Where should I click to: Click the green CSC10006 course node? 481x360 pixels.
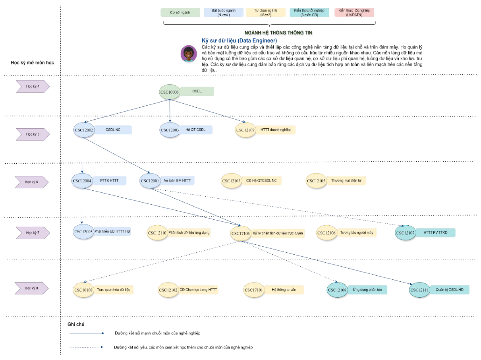pyautogui.click(x=169, y=92)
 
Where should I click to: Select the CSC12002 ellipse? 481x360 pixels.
pyautogui.click(x=84, y=130)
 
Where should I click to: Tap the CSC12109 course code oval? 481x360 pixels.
pyautogui.click(x=245, y=130)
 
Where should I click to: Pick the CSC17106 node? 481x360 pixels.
pyautogui.click(x=240, y=233)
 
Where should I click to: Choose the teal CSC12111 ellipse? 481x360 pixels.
pyautogui.click(x=419, y=290)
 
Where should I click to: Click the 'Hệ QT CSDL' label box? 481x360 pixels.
pyautogui.click(x=196, y=130)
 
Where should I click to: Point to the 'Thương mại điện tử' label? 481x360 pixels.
pyautogui.click(x=346, y=181)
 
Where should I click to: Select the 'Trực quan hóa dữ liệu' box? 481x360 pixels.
pyautogui.click(x=113, y=290)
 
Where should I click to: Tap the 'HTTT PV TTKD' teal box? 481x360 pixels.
pyautogui.click(x=435, y=232)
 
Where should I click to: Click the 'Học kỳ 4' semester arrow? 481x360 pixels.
pyautogui.click(x=33, y=86)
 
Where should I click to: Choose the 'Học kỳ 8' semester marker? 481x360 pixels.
pyautogui.click(x=31, y=288)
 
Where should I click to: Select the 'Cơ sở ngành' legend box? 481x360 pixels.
pyautogui.click(x=180, y=12)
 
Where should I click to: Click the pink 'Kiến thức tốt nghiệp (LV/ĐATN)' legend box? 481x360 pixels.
pyautogui.click(x=354, y=12)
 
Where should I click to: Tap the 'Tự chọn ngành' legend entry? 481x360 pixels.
pyautogui.click(x=266, y=12)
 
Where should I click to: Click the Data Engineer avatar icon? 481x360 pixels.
pyautogui.click(x=188, y=54)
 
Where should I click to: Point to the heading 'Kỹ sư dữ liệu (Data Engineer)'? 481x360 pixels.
pyautogui.click(x=239, y=41)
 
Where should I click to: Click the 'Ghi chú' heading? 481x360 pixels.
pyautogui.click(x=76, y=324)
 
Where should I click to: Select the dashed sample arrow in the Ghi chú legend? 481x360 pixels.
pyautogui.click(x=87, y=347)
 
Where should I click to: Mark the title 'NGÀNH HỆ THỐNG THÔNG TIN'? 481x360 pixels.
pyautogui.click(x=278, y=33)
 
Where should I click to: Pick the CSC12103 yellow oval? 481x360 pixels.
pyautogui.click(x=231, y=181)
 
